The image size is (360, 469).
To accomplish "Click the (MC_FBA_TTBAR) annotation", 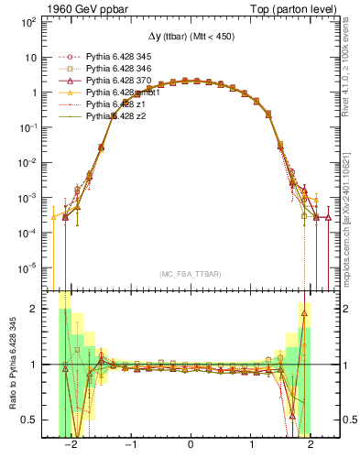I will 190,274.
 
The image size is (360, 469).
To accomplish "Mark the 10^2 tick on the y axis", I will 27,22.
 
